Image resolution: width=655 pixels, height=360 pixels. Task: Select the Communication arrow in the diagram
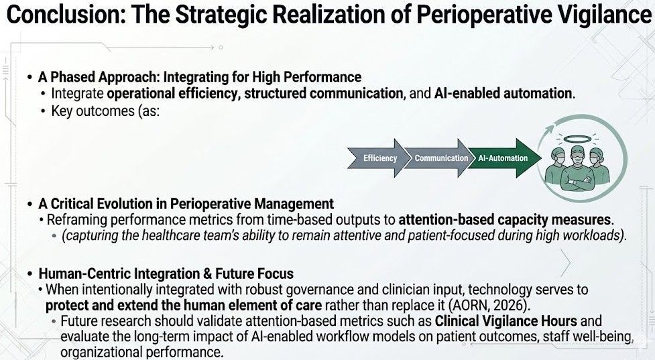[439, 158]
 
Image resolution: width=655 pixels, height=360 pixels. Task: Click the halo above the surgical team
[577, 139]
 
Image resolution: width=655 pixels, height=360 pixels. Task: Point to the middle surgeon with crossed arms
[577, 169]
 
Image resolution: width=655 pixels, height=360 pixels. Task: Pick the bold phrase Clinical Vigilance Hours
[506, 320]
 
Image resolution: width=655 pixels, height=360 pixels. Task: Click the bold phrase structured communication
[323, 93]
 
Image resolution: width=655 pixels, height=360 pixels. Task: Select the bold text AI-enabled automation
[503, 93]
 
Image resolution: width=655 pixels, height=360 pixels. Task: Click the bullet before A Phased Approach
[29, 77]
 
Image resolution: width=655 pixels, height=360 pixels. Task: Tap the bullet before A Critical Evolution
[29, 204]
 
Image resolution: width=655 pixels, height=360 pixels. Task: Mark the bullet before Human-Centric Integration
[29, 274]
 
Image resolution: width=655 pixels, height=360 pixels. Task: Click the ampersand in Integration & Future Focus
[208, 274]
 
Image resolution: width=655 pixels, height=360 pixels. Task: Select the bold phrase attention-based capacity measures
[505, 220]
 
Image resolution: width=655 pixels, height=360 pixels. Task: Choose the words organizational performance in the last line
[140, 352]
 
